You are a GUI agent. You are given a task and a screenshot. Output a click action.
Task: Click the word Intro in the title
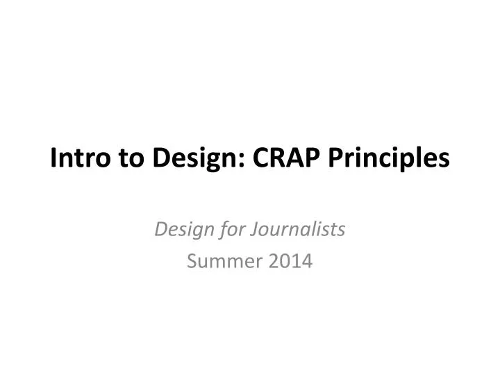click(x=74, y=159)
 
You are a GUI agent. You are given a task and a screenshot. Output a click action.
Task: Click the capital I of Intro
click(x=53, y=159)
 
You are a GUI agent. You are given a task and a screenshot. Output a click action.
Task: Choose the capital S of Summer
click(x=193, y=262)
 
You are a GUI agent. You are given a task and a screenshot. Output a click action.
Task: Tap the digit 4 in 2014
click(x=308, y=262)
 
